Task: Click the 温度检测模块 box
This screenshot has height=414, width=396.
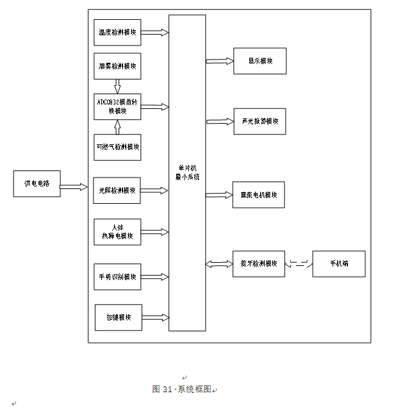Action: tap(117, 32)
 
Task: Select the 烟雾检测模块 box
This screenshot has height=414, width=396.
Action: tap(117, 66)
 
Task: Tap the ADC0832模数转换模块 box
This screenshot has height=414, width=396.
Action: tap(117, 106)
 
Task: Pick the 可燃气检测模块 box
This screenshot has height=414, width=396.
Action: tap(117, 147)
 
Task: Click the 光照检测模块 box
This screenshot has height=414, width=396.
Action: tap(117, 190)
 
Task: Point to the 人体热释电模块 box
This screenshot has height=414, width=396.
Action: tap(117, 231)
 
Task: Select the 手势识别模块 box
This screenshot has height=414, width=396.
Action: tap(117, 277)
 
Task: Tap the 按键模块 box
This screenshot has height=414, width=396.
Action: tap(119, 317)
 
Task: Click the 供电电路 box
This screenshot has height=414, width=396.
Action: tap(37, 183)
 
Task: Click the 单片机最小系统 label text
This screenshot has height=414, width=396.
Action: tap(187, 172)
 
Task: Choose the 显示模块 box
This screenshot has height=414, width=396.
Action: tap(260, 61)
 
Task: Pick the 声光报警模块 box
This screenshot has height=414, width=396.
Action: tap(259, 121)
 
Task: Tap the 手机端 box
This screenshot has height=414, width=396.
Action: tap(339, 263)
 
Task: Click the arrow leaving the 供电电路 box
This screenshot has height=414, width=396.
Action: tap(74, 187)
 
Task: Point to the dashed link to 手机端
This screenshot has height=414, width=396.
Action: tap(299, 263)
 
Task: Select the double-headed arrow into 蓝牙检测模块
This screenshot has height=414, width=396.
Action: tap(219, 263)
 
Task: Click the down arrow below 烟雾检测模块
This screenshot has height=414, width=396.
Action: tap(117, 86)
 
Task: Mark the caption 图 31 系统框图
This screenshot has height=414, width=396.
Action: tap(182, 389)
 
